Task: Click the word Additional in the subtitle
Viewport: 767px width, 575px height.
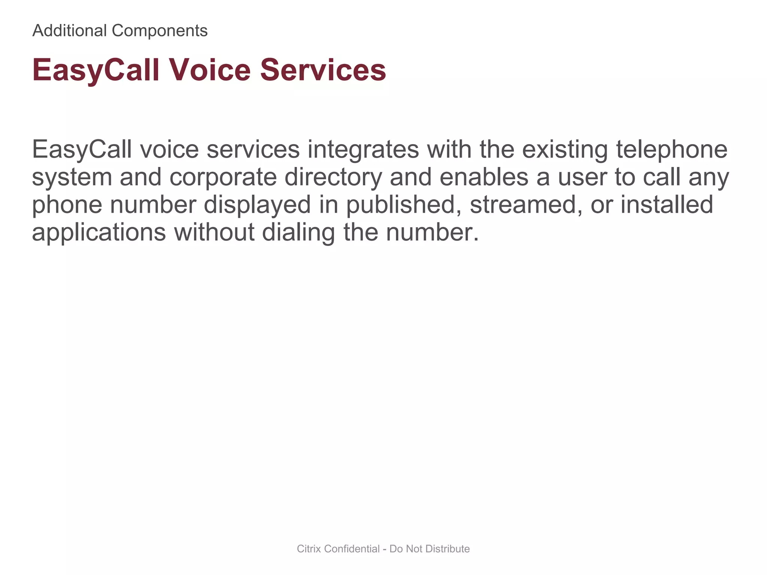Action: tap(70, 31)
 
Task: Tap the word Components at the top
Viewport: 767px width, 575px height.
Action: tap(160, 31)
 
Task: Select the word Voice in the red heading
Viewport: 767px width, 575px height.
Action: tap(210, 70)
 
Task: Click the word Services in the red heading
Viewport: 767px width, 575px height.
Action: tap(323, 70)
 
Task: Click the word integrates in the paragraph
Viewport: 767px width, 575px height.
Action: tap(363, 149)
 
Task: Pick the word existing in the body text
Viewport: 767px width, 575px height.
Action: tap(565, 149)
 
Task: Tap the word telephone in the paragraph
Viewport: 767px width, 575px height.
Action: tap(672, 149)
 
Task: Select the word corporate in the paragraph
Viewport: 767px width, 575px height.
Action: tap(223, 177)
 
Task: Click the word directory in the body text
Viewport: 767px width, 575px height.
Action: tap(333, 177)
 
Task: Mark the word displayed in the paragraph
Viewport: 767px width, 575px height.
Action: tap(257, 205)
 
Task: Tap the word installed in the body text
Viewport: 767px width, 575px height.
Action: tap(667, 205)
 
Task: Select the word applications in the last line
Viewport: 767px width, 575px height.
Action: tap(99, 232)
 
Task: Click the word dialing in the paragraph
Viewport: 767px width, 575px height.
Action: tap(298, 232)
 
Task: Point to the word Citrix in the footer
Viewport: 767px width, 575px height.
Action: tap(309, 549)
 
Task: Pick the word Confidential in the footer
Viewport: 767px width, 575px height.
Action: tap(352, 549)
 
